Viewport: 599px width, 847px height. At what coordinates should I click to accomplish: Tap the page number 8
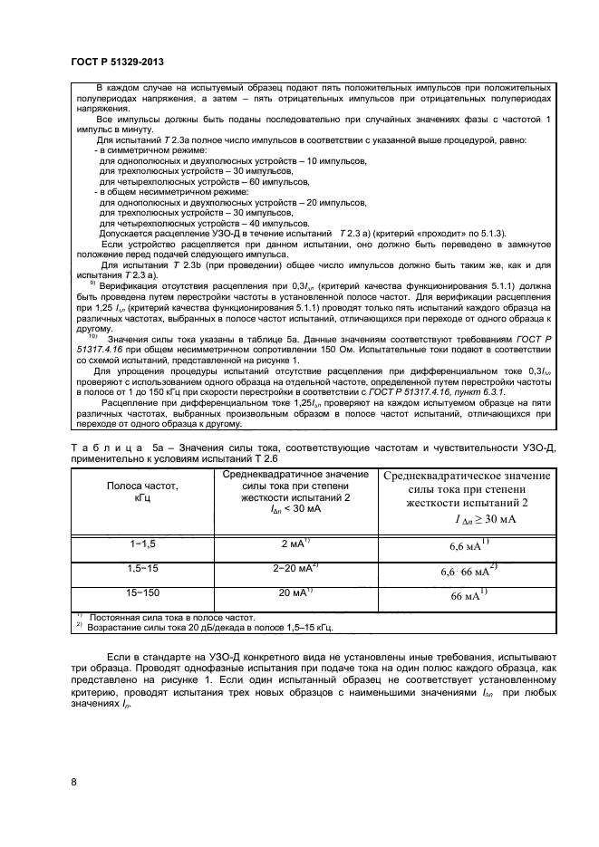(x=73, y=781)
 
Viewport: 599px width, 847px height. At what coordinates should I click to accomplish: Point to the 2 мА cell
(x=296, y=544)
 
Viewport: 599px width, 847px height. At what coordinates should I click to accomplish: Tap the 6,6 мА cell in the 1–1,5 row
(x=469, y=546)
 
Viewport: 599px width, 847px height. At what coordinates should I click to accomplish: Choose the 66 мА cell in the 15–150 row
(x=469, y=596)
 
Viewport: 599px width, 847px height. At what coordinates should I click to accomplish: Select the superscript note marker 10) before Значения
(x=92, y=361)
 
